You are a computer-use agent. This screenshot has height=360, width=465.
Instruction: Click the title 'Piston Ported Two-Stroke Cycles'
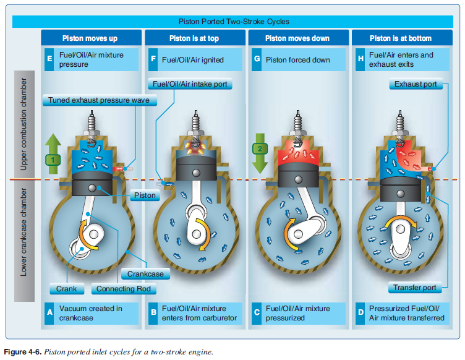tap(237, 21)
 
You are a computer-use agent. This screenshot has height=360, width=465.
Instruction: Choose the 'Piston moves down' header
tap(297, 38)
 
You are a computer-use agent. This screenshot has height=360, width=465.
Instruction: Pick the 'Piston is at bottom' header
tap(400, 38)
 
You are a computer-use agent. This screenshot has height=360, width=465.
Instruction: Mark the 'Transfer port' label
tap(415, 288)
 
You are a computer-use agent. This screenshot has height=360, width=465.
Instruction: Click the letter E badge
tap(49, 59)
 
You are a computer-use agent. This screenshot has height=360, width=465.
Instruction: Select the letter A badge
tap(49, 313)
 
